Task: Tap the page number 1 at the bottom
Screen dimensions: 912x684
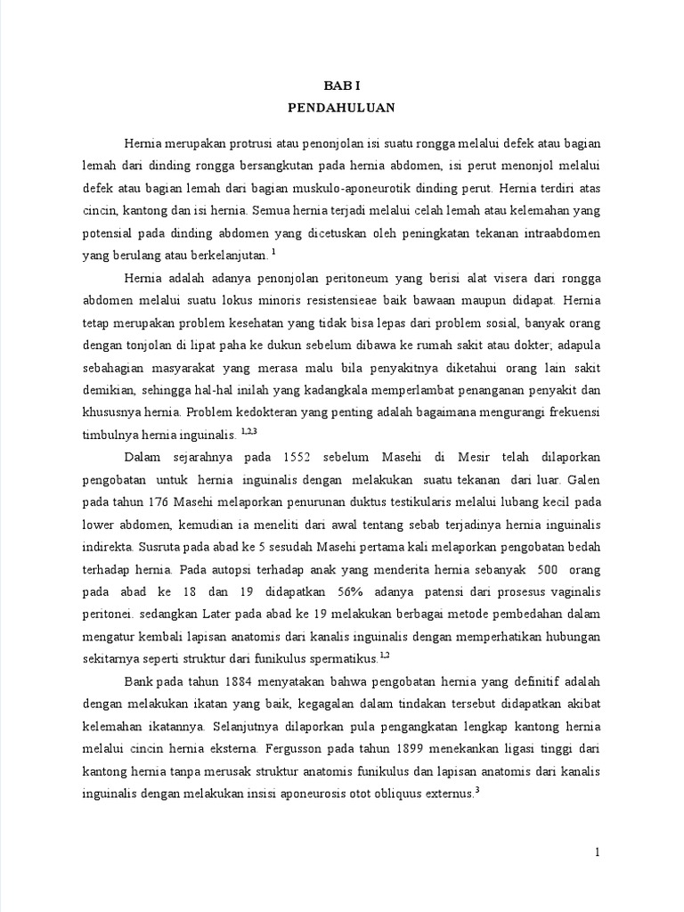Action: (598, 852)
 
